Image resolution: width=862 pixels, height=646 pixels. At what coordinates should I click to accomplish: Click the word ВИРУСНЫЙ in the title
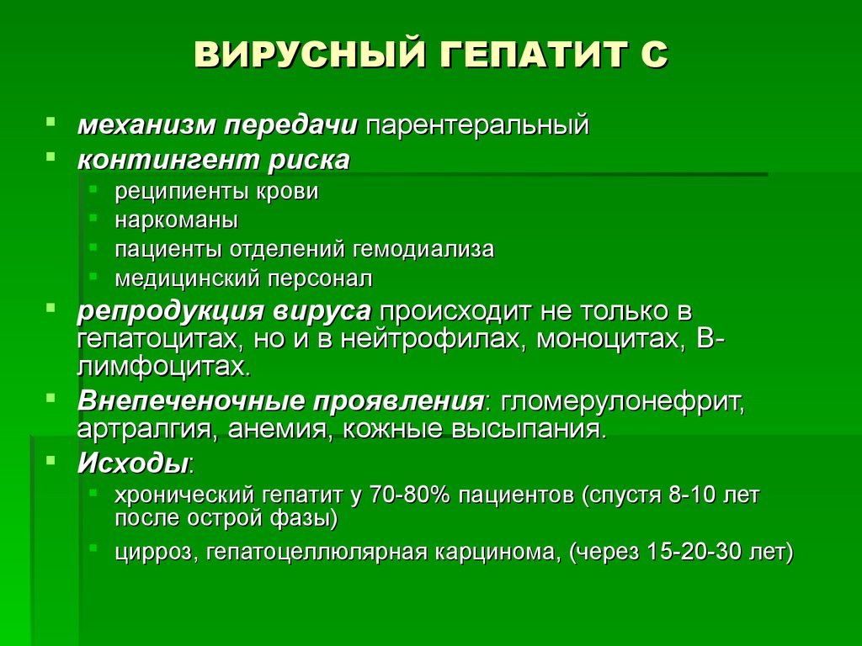(310, 54)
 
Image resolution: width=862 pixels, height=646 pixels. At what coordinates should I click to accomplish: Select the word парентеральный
(477, 125)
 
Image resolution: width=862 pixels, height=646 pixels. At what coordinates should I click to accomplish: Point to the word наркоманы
(177, 220)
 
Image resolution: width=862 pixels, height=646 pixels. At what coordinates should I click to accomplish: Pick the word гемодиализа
(423, 249)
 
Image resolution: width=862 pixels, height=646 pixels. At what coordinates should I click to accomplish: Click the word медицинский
(188, 278)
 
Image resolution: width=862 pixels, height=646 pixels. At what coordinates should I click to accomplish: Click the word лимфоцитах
(164, 367)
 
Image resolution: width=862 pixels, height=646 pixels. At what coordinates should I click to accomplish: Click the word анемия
(279, 429)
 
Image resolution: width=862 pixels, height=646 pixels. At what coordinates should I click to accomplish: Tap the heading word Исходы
(133, 463)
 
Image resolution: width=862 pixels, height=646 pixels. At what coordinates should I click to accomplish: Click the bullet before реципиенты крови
(93, 189)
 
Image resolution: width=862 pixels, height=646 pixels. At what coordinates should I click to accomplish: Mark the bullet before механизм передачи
(51, 121)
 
